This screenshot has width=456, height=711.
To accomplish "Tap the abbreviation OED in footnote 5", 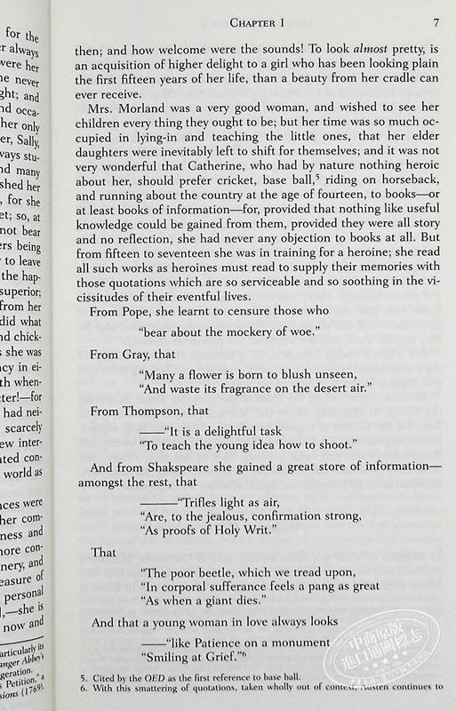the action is point(169,687).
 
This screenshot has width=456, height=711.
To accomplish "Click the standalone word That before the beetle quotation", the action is point(104,552).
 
